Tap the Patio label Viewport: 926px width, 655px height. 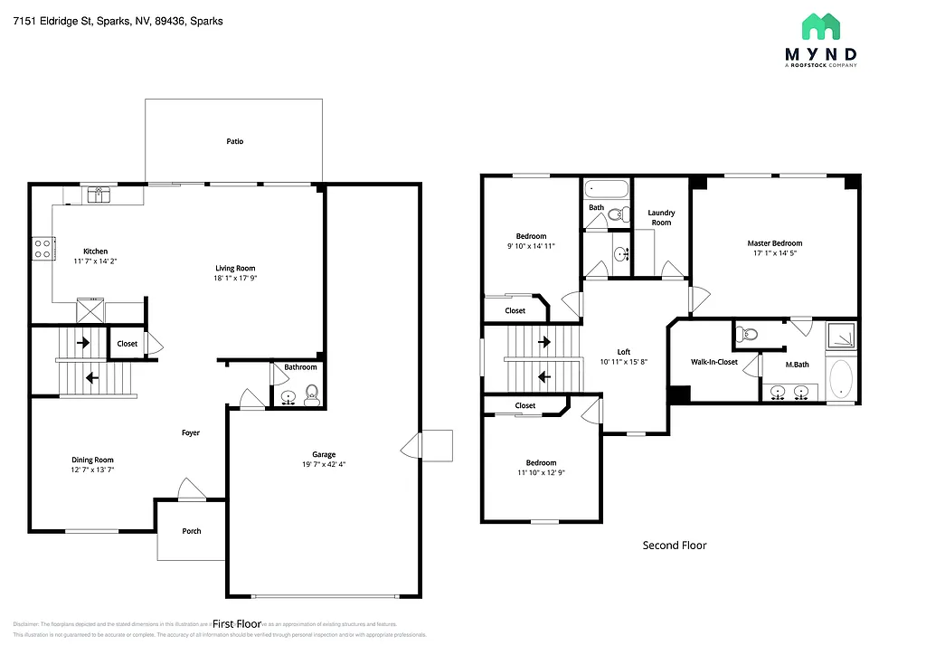click(234, 141)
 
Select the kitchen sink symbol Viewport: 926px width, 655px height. click(97, 193)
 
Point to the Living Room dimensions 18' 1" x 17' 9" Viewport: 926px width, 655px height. click(235, 279)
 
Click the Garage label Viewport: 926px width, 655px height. click(324, 454)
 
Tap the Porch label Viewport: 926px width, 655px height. click(191, 531)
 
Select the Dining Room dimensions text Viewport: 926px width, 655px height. click(93, 470)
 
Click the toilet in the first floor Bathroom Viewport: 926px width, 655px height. click(311, 394)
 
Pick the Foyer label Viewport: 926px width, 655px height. click(191, 432)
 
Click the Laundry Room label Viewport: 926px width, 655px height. click(661, 217)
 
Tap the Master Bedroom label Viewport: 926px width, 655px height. click(774, 242)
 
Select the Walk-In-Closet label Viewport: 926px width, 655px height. click(714, 362)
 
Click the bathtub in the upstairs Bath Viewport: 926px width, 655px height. click(606, 190)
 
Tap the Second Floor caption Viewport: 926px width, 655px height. click(674, 545)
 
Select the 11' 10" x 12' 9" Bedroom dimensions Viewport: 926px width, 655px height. click(543, 472)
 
